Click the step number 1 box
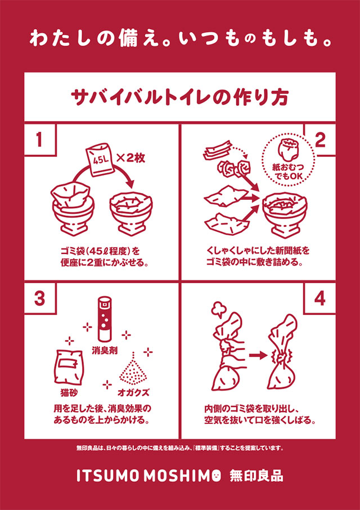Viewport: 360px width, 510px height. (39, 140)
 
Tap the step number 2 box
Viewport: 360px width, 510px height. (319, 140)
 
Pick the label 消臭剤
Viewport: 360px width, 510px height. (104, 351)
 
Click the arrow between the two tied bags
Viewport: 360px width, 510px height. (260, 355)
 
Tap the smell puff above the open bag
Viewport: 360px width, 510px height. (218, 310)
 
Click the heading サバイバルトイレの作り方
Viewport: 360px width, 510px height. (179, 97)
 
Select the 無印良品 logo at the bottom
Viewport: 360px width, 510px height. (256, 476)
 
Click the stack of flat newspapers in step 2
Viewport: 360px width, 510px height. (218, 150)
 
